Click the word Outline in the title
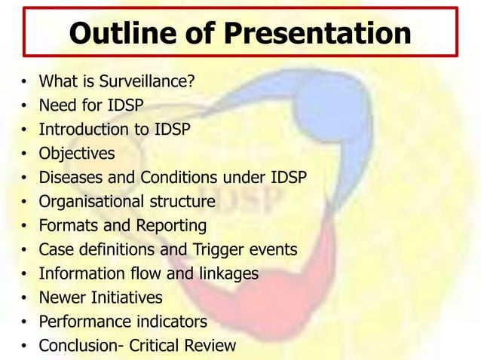(x=118, y=33)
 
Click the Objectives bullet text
(x=77, y=154)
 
